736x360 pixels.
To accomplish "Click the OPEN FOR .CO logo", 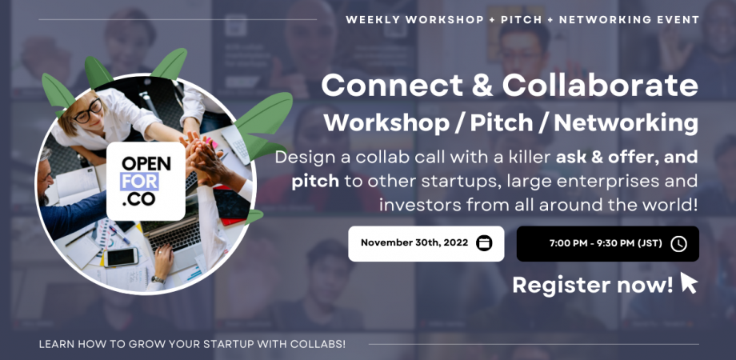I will click(146, 182).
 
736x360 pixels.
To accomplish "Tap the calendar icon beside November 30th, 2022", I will click(484, 243).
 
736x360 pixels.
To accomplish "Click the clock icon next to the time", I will click(678, 243).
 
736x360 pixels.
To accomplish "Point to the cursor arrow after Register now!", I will click(688, 283).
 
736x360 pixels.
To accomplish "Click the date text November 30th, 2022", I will click(412, 243).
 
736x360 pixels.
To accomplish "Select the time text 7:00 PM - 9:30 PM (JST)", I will click(606, 243).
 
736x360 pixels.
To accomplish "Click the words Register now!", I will click(592, 285).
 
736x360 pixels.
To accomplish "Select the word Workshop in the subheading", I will click(383, 123).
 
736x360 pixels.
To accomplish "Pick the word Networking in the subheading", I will click(626, 123).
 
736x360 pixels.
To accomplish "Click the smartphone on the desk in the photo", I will click(122, 257).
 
